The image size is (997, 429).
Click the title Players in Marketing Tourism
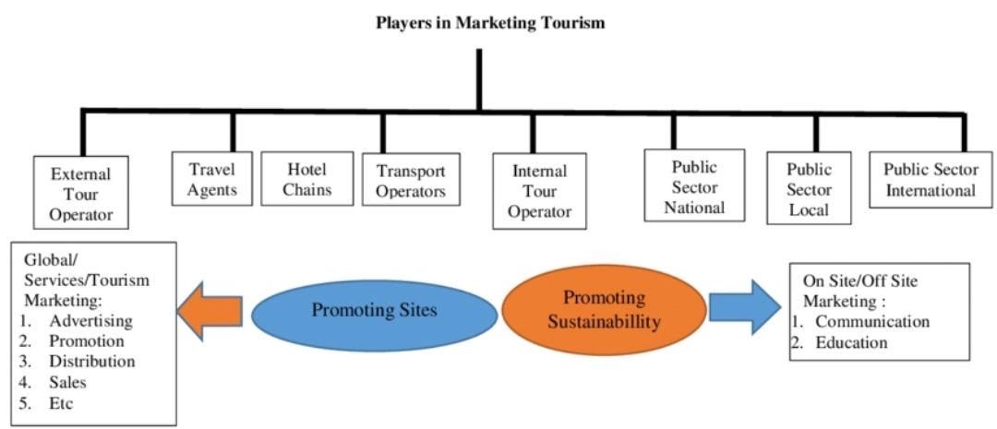click(x=490, y=23)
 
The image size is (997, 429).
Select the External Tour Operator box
click(x=80, y=194)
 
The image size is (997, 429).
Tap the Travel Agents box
click(x=212, y=180)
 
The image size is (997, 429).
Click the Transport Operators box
click(x=411, y=182)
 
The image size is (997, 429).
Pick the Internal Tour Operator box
click(x=540, y=192)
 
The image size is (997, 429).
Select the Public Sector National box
click(x=694, y=187)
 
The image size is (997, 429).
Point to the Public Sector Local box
click(x=809, y=189)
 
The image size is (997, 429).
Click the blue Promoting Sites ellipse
click(x=373, y=310)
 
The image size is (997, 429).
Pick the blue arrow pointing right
click(x=746, y=307)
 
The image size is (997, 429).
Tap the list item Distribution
click(x=92, y=361)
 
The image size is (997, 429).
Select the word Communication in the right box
click(x=872, y=321)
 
